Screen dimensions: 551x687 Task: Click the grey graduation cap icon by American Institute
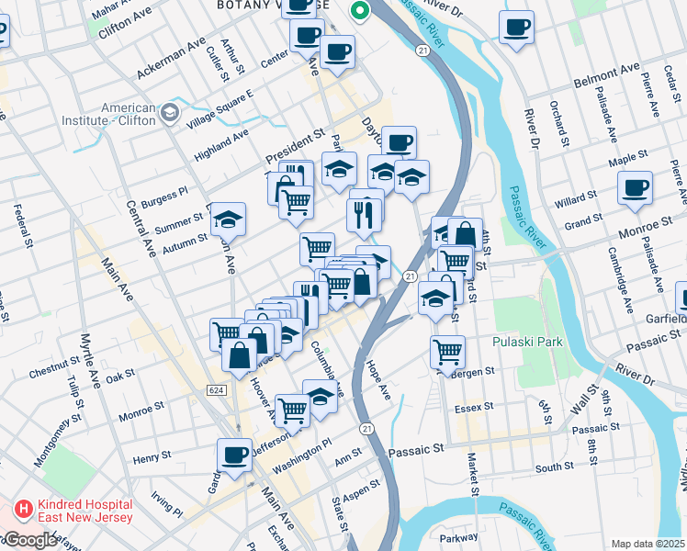[x=169, y=113]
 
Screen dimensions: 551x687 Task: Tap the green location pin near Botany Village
[x=360, y=12]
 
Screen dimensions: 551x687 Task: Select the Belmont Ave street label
[x=607, y=74]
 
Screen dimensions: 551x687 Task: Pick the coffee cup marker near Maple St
[x=635, y=188]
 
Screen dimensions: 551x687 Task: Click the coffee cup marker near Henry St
[x=234, y=454]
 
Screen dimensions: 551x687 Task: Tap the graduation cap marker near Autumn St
[x=227, y=219]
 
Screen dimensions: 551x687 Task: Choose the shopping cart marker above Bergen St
[x=447, y=351]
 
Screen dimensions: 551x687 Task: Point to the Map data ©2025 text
[x=648, y=544]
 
